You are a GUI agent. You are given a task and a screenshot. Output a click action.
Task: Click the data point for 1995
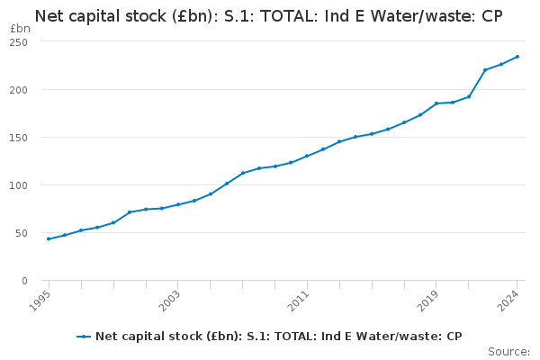(49, 238)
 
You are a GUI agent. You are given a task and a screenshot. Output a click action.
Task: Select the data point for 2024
(517, 57)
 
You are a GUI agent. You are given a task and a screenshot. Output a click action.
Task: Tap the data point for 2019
(436, 103)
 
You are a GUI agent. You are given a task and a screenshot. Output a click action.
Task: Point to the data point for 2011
(307, 156)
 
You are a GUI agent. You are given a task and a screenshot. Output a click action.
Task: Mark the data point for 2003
(178, 204)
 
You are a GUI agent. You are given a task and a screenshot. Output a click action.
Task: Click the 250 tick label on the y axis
(19, 42)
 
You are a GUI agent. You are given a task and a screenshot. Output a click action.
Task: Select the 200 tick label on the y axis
(19, 90)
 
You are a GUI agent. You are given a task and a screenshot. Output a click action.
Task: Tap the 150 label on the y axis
(19, 138)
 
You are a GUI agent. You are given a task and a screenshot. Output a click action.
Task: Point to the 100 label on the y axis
(19, 185)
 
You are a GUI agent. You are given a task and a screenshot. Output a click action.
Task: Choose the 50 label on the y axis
(22, 234)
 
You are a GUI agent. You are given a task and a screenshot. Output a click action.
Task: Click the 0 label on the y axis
(24, 281)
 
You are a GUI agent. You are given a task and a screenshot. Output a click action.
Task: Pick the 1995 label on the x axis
(40, 301)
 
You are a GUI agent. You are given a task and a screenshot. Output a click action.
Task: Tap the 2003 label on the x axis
(169, 301)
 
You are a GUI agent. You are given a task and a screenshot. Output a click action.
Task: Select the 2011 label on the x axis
(298, 301)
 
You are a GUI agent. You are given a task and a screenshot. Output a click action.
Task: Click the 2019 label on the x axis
(427, 301)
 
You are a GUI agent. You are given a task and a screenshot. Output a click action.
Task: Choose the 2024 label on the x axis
(508, 301)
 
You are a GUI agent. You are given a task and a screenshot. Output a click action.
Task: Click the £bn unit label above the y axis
(20, 29)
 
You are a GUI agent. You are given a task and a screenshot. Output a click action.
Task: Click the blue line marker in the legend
(84, 337)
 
